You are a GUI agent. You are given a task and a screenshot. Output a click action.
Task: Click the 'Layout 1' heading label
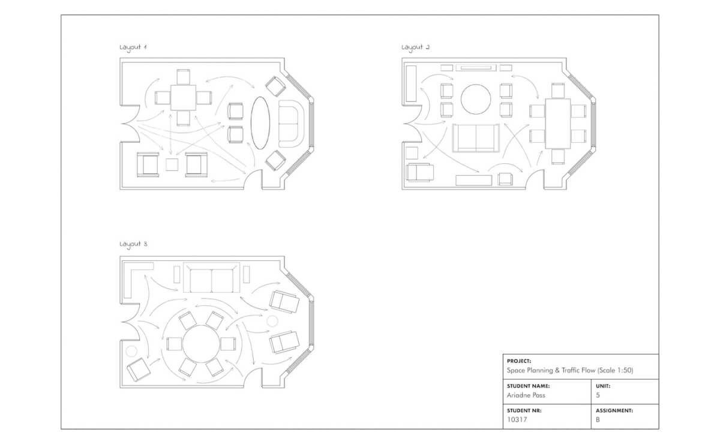point(133,48)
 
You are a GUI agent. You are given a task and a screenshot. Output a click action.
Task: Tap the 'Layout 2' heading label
point(415,47)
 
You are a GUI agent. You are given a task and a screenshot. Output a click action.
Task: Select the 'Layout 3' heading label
point(133,244)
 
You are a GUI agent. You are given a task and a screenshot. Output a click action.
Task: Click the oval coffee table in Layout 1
point(260,123)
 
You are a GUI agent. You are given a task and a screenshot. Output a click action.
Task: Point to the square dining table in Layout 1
point(184,98)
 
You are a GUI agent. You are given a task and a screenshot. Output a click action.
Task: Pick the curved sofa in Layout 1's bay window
point(292,123)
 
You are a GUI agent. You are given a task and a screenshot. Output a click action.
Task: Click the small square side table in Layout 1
point(172,164)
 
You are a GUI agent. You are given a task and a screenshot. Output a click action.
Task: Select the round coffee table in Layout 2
point(475,99)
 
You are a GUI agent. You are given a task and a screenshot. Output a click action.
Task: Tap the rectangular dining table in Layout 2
point(557,124)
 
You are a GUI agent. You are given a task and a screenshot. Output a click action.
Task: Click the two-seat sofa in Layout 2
point(476,138)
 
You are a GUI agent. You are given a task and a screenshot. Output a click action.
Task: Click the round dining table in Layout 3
point(200,344)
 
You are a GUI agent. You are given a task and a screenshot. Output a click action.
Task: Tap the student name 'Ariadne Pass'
point(526,395)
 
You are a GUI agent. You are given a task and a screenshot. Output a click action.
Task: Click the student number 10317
point(517,420)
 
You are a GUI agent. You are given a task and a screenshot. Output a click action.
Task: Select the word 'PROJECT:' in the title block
point(519,361)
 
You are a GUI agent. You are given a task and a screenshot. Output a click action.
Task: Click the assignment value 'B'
point(598,420)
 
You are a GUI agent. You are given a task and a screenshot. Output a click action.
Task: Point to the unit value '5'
point(598,395)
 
